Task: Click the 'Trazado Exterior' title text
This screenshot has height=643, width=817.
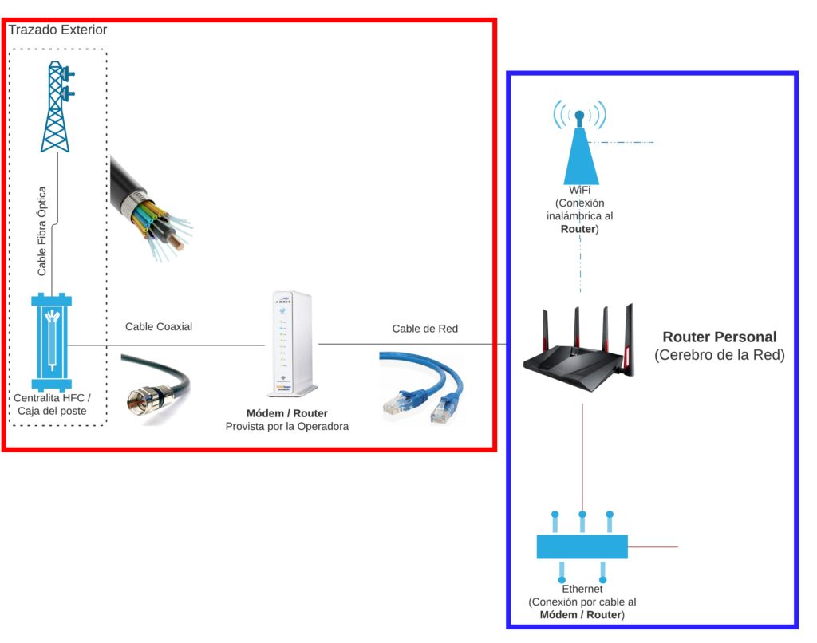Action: pos(57,30)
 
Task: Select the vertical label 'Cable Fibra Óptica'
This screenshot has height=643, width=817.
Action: pos(42,231)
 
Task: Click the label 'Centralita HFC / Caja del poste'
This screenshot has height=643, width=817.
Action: pos(53,404)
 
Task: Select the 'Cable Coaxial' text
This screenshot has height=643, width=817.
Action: pos(159,326)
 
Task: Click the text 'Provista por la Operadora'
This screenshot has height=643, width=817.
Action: pos(286,427)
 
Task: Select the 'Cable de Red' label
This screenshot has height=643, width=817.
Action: pos(425,329)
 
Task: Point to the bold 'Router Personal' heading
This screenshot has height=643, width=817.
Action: pos(719,337)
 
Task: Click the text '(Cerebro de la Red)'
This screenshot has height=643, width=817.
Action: pos(719,355)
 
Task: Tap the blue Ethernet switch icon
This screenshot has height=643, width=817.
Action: pos(582,546)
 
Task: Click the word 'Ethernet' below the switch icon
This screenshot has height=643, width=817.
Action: pos(582,589)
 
